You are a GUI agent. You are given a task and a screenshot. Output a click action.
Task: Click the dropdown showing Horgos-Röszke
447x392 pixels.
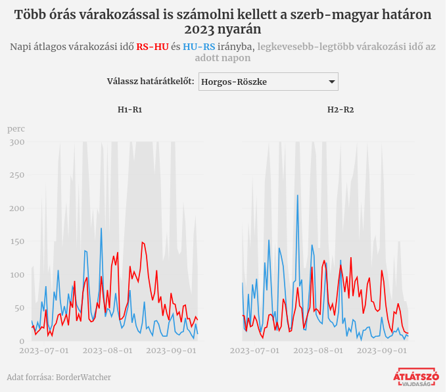click(268, 82)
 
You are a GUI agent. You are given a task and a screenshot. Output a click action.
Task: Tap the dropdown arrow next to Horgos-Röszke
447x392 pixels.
click(331, 82)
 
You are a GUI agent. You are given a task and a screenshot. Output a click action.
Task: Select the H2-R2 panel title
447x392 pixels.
click(341, 110)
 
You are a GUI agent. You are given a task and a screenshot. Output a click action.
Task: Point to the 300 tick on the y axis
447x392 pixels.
click(17, 142)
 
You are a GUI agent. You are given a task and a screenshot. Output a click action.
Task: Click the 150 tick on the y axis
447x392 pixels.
click(17, 241)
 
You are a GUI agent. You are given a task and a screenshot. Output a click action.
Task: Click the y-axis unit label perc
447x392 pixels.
click(16, 129)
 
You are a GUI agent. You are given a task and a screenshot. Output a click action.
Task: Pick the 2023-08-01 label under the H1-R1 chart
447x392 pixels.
click(110, 351)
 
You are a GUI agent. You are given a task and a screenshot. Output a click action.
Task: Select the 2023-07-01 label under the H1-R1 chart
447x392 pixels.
click(44, 351)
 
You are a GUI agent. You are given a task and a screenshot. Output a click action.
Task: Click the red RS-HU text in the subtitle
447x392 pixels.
click(152, 46)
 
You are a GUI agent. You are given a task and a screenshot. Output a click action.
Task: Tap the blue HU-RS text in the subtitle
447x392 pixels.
click(199, 46)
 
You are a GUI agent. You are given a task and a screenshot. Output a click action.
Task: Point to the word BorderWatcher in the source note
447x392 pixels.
click(83, 378)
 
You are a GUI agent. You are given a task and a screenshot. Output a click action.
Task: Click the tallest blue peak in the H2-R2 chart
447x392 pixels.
click(297, 195)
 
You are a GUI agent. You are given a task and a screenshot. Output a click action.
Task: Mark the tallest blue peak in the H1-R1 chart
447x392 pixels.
click(101, 229)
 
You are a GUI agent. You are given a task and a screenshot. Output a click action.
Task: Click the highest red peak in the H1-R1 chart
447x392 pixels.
click(142, 242)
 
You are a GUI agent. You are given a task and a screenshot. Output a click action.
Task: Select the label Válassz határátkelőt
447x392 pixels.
click(151, 82)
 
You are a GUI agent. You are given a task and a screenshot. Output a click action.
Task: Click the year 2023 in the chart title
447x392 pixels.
click(202, 29)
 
